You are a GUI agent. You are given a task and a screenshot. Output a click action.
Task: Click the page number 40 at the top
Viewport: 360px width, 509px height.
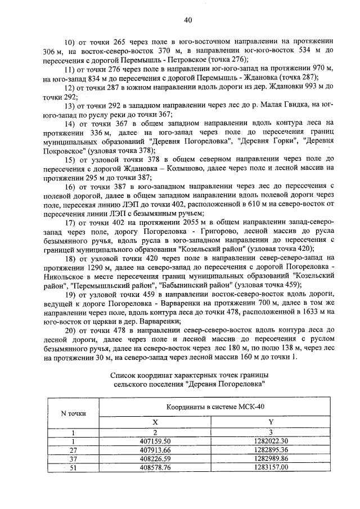coord(188,20)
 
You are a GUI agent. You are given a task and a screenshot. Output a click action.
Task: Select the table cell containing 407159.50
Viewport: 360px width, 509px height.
coord(154,441)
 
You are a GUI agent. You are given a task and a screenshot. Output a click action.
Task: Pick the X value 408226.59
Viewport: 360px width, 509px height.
coord(154,458)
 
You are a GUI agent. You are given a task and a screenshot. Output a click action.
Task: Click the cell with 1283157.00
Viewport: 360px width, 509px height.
coord(271,467)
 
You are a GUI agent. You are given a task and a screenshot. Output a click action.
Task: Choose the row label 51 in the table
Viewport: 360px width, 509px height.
coord(73,467)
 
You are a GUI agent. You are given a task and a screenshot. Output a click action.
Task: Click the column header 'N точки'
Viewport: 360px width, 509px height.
coord(73,413)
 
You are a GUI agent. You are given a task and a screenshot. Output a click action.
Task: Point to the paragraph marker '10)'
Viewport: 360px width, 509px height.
coord(70,42)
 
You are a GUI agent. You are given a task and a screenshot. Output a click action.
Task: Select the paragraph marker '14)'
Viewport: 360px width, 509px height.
coord(70,123)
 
